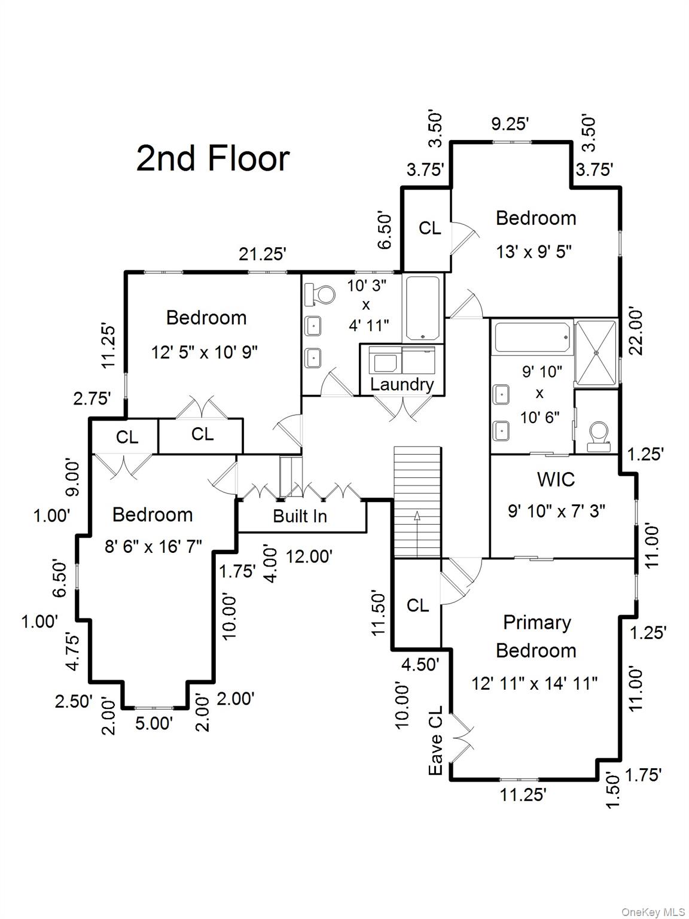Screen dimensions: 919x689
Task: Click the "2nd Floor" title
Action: pos(213,159)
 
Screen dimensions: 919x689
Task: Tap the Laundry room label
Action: pos(401,384)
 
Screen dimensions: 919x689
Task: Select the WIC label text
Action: pos(556,479)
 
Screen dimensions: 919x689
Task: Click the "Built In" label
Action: pos(300,516)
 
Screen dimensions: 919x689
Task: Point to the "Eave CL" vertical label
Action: pos(436,741)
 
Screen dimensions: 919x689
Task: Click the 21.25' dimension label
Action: pos(263,254)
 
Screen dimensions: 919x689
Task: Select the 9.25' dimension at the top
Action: pos(510,124)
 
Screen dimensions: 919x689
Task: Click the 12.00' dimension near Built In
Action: pos(309,556)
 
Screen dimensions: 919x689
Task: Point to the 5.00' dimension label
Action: pos(154,723)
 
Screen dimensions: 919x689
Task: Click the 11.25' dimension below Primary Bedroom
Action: pos(523,795)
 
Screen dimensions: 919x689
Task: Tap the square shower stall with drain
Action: pos(595,352)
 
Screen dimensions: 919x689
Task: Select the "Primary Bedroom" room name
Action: pos(536,636)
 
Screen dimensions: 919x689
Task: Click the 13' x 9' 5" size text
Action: pos(534,252)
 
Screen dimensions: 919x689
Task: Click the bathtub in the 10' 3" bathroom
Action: pos(423,308)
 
